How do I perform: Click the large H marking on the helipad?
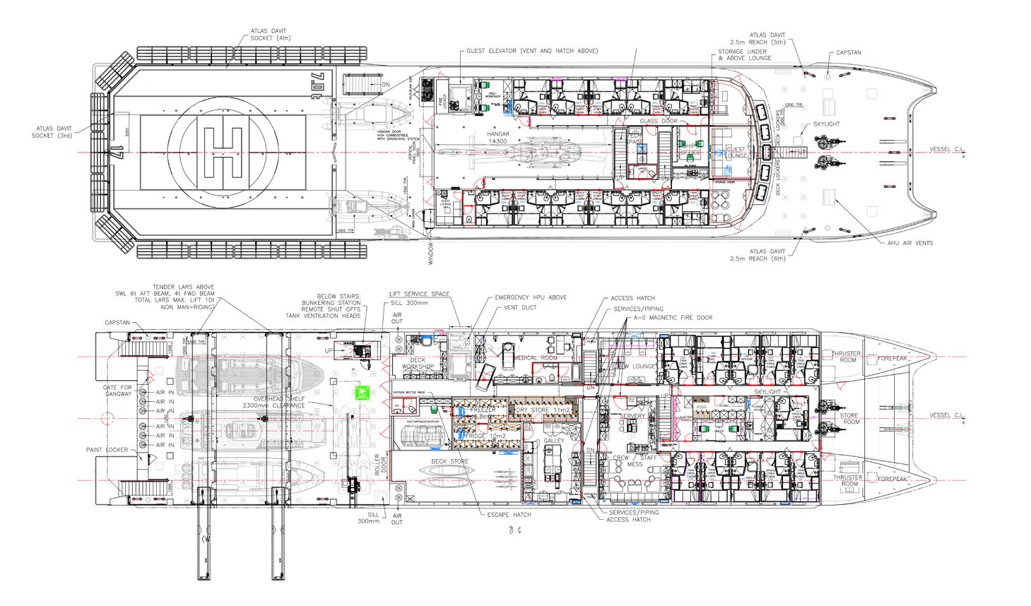coord(223,152)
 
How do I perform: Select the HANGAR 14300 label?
coord(498,138)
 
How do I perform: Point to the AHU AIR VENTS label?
coord(910,243)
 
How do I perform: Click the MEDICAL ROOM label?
coord(535,357)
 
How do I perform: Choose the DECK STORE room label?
coord(450,462)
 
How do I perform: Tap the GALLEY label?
coord(553,441)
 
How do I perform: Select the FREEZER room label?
coord(483,410)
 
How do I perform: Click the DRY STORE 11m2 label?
coord(543,410)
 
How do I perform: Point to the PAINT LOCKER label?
coord(128,450)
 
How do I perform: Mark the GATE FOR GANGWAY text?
coord(117,391)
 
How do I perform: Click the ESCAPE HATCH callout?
coord(509,515)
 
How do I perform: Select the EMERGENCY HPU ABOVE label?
coord(531,298)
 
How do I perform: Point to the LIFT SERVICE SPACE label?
coord(420,294)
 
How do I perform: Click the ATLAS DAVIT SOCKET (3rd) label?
coord(52,132)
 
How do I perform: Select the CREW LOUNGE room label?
coord(634,366)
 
